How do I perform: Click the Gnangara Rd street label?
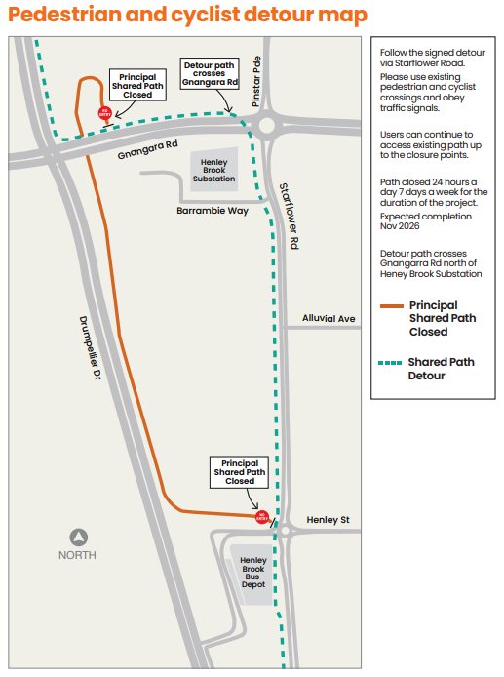pyautogui.click(x=147, y=149)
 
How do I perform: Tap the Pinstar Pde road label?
pyautogui.click(x=256, y=81)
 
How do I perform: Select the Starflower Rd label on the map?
pyautogui.click(x=290, y=216)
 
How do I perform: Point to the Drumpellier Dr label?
pyautogui.click(x=90, y=348)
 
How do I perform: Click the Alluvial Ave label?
pyautogui.click(x=329, y=318)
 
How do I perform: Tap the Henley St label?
pyautogui.click(x=328, y=519)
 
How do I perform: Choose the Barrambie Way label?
pyautogui.click(x=213, y=211)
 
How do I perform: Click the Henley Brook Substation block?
pyautogui.click(x=214, y=170)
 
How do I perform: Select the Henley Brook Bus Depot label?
pyautogui.click(x=253, y=573)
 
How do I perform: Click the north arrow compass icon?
pyautogui.click(x=79, y=538)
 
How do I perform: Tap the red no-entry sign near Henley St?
pyautogui.click(x=262, y=517)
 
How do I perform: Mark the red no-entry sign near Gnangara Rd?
pyautogui.click(x=105, y=113)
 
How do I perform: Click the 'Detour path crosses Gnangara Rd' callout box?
pyautogui.click(x=210, y=74)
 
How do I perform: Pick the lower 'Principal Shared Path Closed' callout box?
pyautogui.click(x=240, y=472)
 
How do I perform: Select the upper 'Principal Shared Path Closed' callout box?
pyautogui.click(x=137, y=85)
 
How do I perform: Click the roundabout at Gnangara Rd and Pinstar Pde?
pyautogui.click(x=266, y=126)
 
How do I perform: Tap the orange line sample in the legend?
pyautogui.click(x=391, y=306)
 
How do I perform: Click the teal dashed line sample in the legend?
pyautogui.click(x=390, y=363)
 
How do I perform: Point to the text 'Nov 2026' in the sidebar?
pyautogui.click(x=400, y=226)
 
